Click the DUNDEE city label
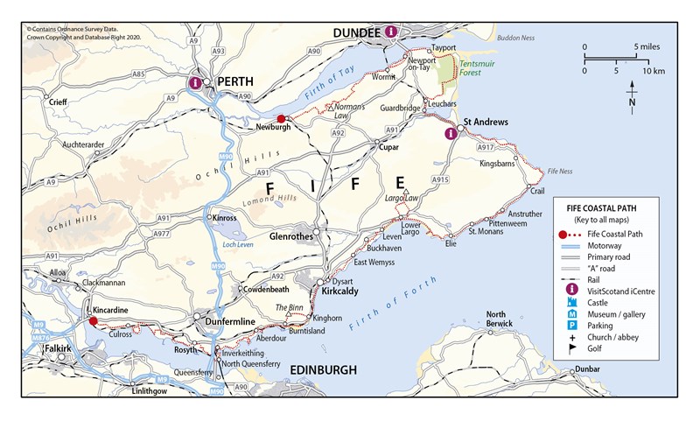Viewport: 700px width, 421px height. [355, 32]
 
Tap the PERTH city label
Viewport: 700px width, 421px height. [234, 81]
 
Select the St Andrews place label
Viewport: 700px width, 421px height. [486, 121]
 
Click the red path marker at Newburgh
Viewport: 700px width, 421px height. [281, 119]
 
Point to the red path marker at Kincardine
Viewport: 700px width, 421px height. [93, 321]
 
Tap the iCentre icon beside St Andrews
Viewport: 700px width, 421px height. [451, 134]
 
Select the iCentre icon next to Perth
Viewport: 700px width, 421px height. [195, 83]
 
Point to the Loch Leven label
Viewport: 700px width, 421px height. [240, 245]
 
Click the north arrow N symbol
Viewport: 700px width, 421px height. [632, 100]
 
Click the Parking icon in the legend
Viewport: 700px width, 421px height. [572, 325]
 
